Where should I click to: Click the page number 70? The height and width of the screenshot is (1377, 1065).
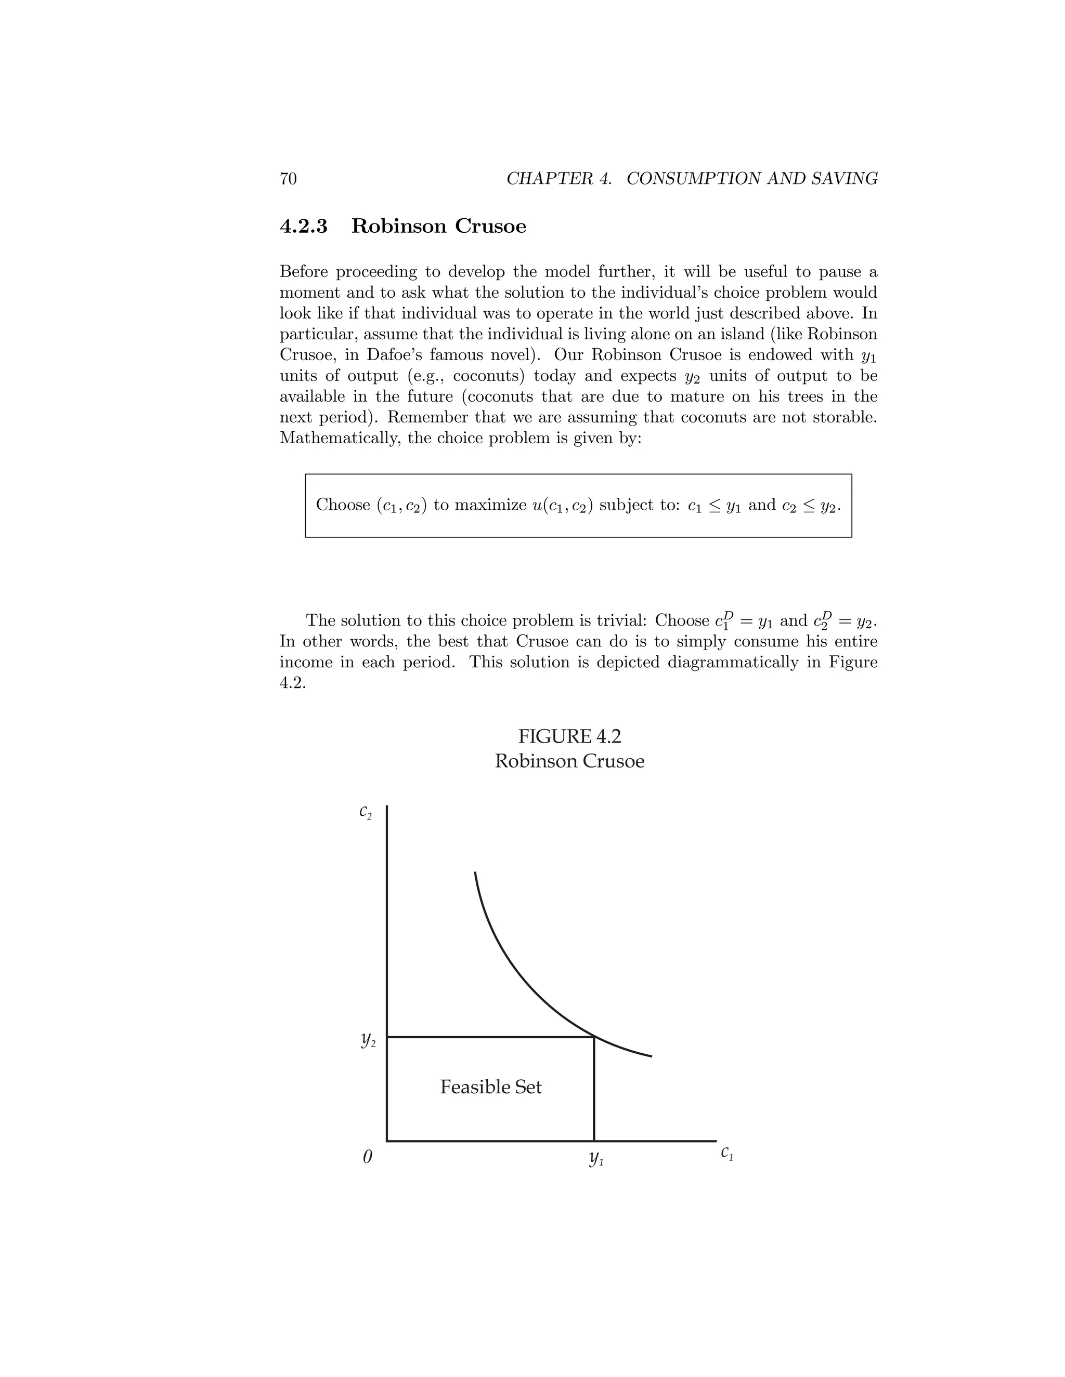pos(288,179)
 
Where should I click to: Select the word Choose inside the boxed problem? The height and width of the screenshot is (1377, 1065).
pos(343,505)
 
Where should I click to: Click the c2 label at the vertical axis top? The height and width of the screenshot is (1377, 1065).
pos(365,813)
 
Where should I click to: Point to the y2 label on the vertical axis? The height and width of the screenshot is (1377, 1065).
pos(368,1040)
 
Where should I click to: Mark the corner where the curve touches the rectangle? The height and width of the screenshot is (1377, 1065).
pos(594,1037)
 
